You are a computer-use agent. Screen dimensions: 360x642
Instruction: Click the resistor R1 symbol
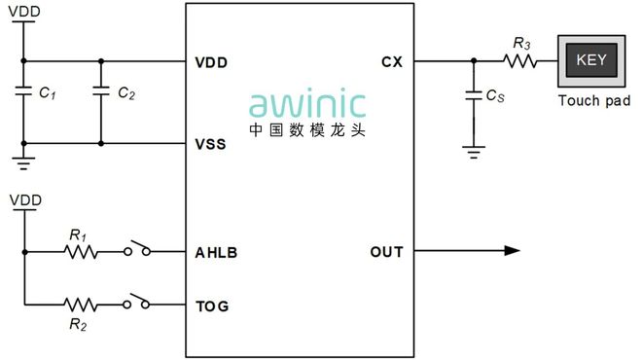81,252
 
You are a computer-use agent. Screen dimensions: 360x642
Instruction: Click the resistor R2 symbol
81,305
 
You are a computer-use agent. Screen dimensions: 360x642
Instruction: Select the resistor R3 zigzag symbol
519,61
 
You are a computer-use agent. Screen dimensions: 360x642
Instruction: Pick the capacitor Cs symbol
473,96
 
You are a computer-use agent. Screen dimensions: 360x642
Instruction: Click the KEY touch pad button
591,60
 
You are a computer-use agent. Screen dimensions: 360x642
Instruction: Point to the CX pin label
392,62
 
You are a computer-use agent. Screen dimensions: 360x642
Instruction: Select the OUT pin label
386,253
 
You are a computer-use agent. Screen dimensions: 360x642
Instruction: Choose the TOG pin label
212,306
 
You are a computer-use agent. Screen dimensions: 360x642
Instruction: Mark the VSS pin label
211,145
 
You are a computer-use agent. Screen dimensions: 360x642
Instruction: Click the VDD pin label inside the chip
211,62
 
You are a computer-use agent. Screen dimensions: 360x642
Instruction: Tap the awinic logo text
307,104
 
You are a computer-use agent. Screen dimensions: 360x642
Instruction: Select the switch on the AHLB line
137,251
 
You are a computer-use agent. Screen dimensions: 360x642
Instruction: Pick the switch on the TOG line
137,304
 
